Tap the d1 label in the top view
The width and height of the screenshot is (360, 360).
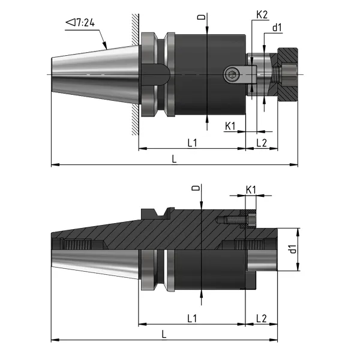(x=277, y=26)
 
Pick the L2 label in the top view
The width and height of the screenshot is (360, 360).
(x=262, y=142)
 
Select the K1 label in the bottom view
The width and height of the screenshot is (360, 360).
(x=251, y=190)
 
